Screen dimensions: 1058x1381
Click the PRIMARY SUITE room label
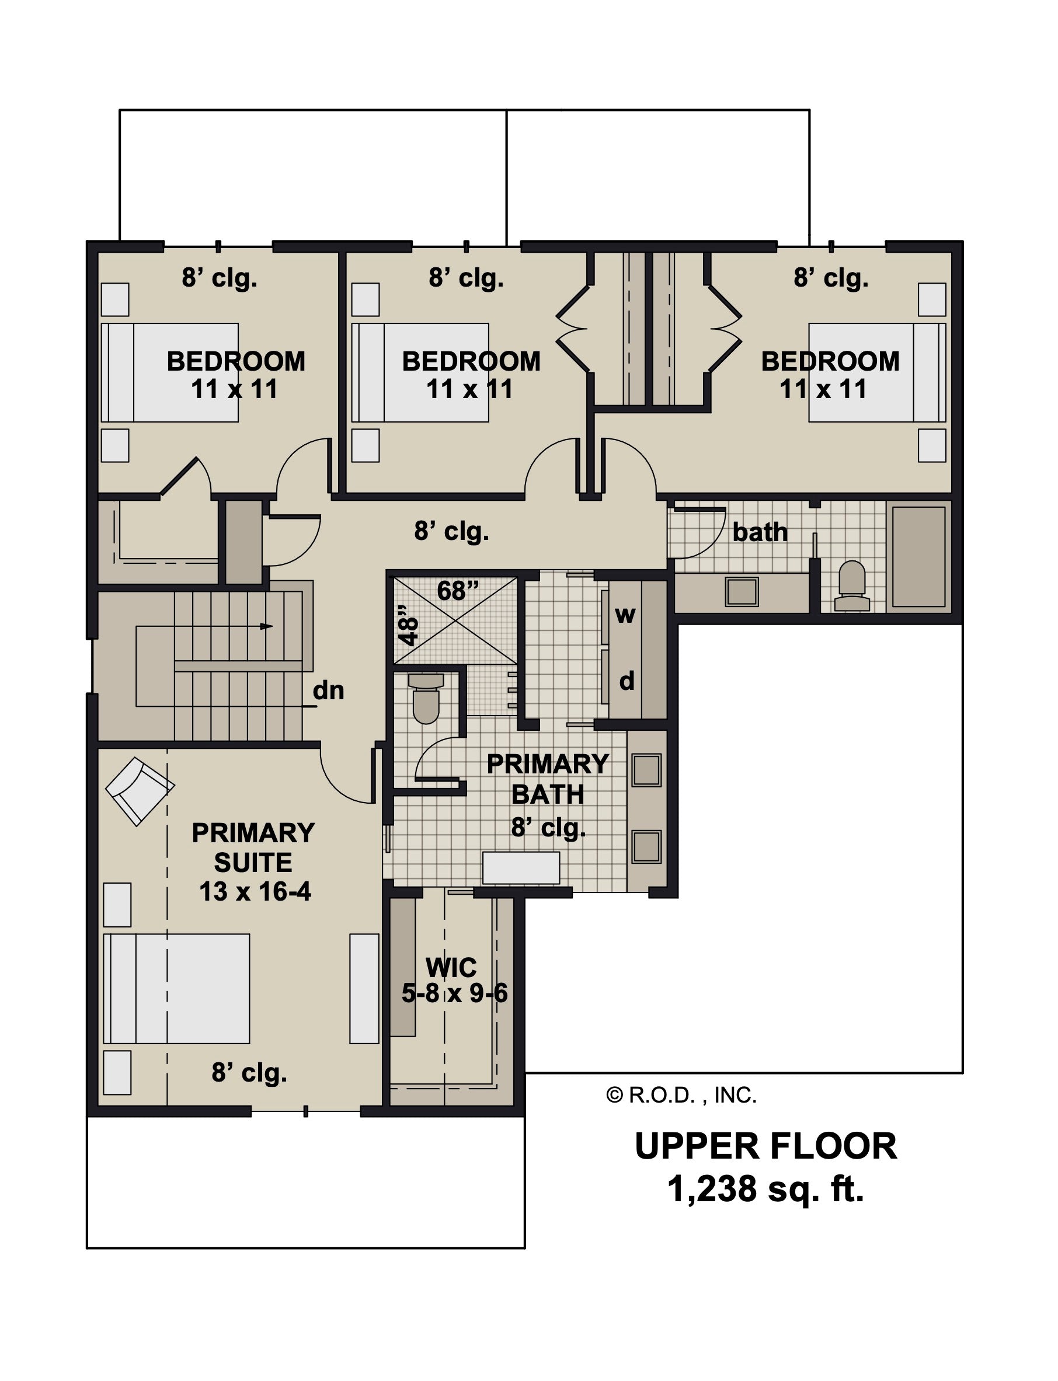pos(254,848)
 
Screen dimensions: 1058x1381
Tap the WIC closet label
pos(451,967)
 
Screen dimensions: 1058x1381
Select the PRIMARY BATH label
pos(548,779)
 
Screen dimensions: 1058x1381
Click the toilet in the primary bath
pos(426,698)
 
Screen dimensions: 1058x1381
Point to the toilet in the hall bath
pos(852,586)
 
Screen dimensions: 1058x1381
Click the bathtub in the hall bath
pos(919,556)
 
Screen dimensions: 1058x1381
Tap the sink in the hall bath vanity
pos(741,592)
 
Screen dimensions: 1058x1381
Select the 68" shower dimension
pos(458,591)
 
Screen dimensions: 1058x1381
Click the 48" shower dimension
pos(409,625)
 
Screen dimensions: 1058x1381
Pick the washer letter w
pos(625,615)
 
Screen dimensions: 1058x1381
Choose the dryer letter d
pos(627,681)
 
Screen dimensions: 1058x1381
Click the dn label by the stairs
pos(328,690)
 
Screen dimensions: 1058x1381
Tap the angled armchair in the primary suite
pos(140,791)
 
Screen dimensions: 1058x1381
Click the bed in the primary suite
pos(176,989)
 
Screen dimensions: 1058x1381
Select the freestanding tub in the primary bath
pos(521,868)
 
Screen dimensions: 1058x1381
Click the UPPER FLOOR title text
pos(766,1146)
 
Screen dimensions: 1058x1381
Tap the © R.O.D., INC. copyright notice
pos(681,1096)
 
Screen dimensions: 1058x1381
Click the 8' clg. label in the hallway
pos(451,532)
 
